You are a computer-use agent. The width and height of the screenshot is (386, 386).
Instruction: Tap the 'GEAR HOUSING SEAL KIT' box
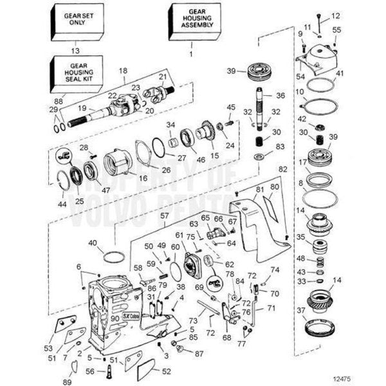pyautogui.click(x=73, y=74)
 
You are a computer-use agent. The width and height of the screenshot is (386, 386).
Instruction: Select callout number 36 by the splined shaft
pyautogui.click(x=280, y=95)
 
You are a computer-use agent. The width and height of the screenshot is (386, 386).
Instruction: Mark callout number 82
pyautogui.click(x=282, y=169)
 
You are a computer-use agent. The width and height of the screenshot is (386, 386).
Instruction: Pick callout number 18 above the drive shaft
pyautogui.click(x=124, y=69)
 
